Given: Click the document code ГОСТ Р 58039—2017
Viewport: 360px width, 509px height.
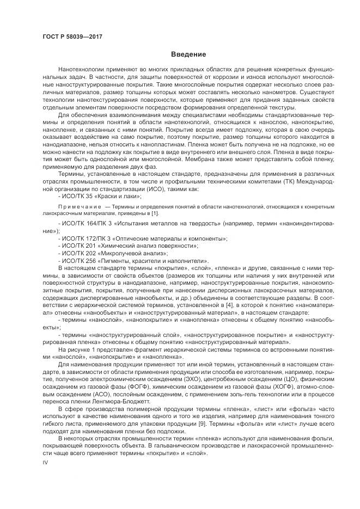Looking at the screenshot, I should pyautogui.click(x=72, y=36).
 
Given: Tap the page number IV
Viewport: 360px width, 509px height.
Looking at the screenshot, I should pyautogui.click(x=45, y=462).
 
